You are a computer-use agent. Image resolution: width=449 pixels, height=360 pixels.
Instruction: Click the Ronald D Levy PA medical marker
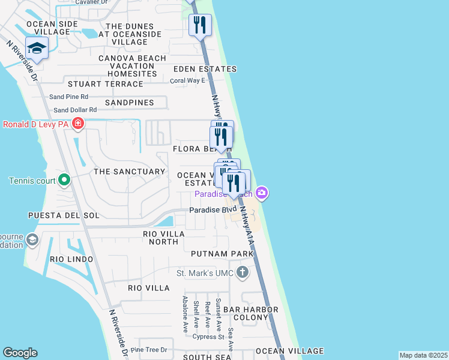(x=77, y=124)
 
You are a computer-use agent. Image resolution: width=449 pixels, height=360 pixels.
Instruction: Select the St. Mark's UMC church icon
(x=242, y=274)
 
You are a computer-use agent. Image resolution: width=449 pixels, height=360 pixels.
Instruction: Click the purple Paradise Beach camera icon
(x=261, y=193)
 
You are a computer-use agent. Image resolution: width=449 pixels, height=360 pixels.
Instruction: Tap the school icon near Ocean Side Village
(x=37, y=49)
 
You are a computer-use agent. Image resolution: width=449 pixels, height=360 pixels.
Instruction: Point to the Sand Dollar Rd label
(x=75, y=110)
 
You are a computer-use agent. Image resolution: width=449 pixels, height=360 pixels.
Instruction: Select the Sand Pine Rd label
(x=68, y=96)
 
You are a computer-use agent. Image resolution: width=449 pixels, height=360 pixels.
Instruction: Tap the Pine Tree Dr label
(x=148, y=350)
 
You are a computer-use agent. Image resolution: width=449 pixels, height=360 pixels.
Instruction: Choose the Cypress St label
(x=208, y=337)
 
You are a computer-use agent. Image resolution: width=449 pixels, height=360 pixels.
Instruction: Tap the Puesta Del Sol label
(x=64, y=215)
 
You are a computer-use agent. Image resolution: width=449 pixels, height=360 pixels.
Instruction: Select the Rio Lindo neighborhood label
(x=71, y=259)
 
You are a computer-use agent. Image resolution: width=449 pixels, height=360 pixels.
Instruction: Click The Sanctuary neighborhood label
(x=129, y=172)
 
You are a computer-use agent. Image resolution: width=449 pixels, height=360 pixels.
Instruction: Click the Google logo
(x=20, y=353)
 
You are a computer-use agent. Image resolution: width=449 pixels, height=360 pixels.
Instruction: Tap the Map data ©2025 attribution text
(x=424, y=355)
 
